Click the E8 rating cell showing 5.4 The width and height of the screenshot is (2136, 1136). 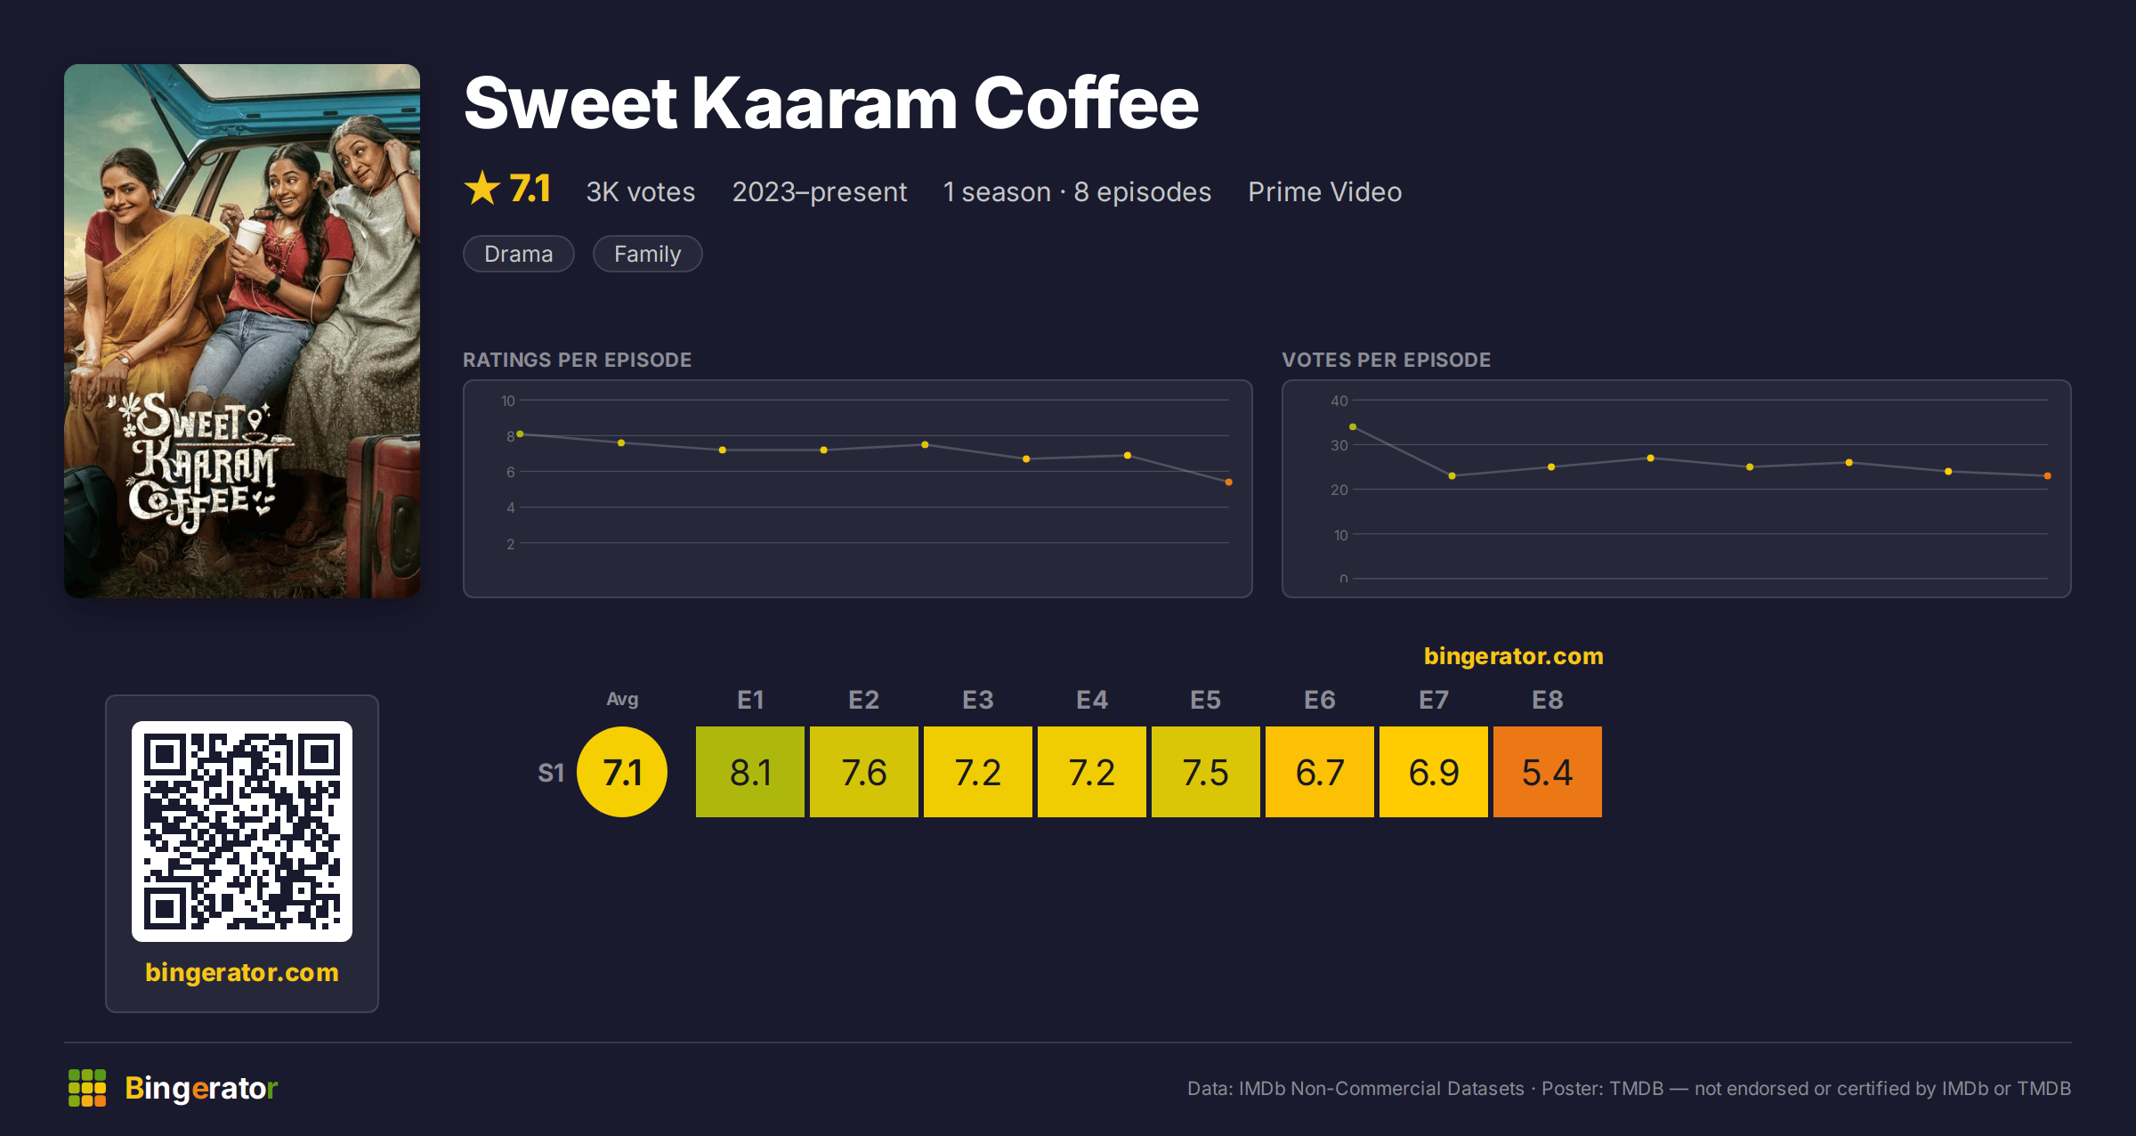click(x=1548, y=772)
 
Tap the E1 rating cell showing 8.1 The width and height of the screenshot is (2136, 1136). click(x=750, y=772)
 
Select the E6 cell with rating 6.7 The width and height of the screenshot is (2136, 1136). click(x=1320, y=772)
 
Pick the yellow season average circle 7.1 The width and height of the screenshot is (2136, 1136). click(x=622, y=772)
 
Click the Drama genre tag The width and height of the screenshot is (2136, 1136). click(x=519, y=254)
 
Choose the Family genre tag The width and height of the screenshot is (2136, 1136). click(x=648, y=254)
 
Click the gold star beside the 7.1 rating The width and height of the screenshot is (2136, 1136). click(x=482, y=188)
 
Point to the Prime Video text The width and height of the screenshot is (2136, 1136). click(x=1324, y=191)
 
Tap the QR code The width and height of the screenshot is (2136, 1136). click(x=242, y=832)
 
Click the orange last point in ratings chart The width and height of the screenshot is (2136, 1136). click(x=1229, y=483)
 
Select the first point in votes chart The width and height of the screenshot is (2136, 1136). click(x=1353, y=427)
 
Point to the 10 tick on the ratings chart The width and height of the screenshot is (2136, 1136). click(x=508, y=401)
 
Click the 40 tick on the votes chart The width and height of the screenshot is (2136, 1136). click(x=1339, y=401)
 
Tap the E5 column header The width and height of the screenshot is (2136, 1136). click(x=1206, y=700)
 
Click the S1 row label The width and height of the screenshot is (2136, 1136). click(x=551, y=773)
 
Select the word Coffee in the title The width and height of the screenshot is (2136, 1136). click(x=1086, y=103)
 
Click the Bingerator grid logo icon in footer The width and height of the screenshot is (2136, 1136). click(x=87, y=1088)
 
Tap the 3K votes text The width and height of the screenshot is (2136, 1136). click(x=641, y=191)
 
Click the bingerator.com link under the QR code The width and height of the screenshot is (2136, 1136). click(x=242, y=972)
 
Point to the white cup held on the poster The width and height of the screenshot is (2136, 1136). click(x=249, y=240)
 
